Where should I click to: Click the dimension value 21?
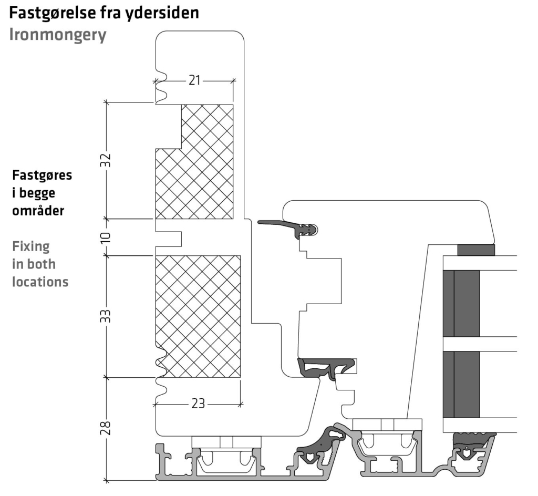[194, 80]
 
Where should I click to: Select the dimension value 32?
[106, 160]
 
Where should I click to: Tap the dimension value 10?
[106, 237]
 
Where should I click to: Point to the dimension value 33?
[106, 316]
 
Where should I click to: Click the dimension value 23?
[198, 404]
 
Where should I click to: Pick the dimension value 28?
[106, 429]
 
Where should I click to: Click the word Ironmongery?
[58, 35]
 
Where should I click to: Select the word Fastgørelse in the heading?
[53, 13]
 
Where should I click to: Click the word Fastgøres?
[42, 175]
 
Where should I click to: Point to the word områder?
[38, 211]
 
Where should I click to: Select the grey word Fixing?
[30, 246]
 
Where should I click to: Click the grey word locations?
[40, 282]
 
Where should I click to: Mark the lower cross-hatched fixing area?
[198, 315]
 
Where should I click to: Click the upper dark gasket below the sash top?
[294, 228]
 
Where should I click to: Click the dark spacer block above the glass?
[475, 250]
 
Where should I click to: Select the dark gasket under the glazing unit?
[473, 440]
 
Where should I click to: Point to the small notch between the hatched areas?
[168, 237]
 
